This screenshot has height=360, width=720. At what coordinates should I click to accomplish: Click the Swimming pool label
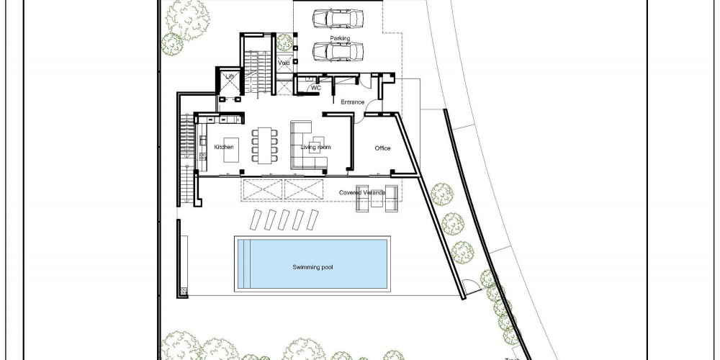[312, 267]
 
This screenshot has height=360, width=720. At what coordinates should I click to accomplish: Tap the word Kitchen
[224, 147]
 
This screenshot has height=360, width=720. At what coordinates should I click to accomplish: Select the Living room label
[315, 147]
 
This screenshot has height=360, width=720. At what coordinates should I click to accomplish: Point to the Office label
[382, 148]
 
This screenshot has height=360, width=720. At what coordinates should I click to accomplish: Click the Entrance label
[352, 102]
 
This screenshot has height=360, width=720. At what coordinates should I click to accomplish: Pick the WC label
[316, 88]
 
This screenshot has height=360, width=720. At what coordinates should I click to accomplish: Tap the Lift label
[230, 76]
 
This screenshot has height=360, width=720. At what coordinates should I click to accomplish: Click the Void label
[284, 63]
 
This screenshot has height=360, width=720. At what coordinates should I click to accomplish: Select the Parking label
[340, 39]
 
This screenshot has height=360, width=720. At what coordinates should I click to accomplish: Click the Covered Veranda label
[362, 192]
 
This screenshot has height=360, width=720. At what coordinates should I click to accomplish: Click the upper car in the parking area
[338, 19]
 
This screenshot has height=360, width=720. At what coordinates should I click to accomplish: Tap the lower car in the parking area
[338, 51]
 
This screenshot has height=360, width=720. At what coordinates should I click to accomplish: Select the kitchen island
[230, 150]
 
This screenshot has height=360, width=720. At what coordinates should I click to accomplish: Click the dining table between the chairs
[264, 145]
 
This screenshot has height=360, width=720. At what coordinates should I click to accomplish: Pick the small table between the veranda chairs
[377, 201]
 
